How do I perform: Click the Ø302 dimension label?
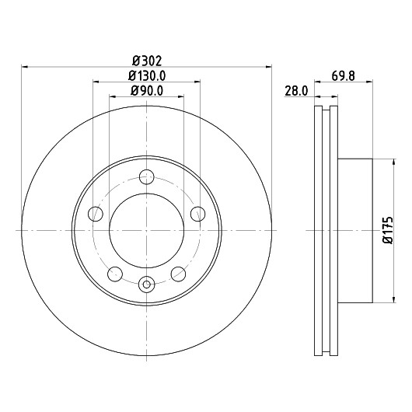coord(147,61)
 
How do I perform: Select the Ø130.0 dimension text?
coord(147,76)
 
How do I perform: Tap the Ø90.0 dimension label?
coord(147,91)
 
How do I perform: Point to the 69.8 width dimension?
coord(343,76)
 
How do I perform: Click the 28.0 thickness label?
coord(296,91)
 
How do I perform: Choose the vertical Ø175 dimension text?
coord(388,230)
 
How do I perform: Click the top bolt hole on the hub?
coord(147,176)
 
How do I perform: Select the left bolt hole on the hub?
coord(96,214)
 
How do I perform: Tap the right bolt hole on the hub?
coord(198,214)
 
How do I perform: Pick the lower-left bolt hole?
coord(115,274)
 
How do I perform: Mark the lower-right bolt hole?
coord(179,274)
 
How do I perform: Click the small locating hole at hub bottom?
coord(147,284)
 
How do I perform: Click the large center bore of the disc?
coord(147,230)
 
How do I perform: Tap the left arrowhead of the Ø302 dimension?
coord(24,67)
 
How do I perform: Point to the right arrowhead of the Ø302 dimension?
coord(269,67)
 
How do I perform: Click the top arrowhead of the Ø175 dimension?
coord(393,162)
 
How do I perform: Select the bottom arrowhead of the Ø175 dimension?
coord(393,300)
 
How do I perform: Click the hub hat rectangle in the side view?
coord(355,231)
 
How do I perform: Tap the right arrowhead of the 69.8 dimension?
coord(370,82)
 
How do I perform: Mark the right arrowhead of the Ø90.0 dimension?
coord(181,96)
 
